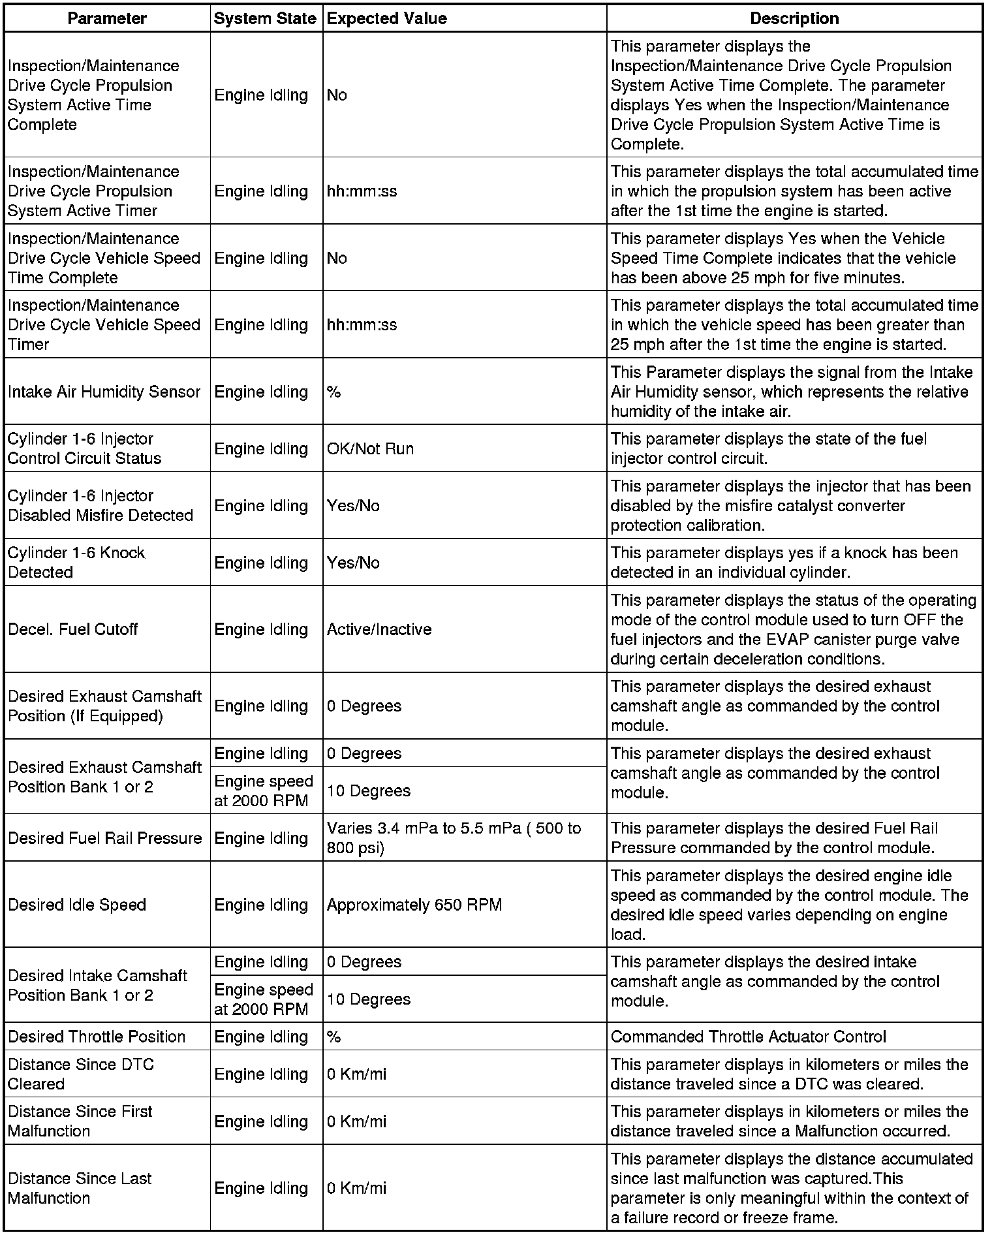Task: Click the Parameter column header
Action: (x=107, y=18)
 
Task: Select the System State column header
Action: (x=265, y=18)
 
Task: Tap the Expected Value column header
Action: (x=386, y=18)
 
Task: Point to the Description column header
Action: (x=794, y=18)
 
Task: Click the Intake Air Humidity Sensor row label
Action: (x=104, y=392)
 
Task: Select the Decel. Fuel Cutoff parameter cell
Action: (x=73, y=629)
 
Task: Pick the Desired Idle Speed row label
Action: (x=77, y=905)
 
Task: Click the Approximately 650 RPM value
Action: (x=414, y=905)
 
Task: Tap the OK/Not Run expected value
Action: (x=370, y=448)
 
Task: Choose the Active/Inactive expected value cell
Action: (x=379, y=629)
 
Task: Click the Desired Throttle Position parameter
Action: (x=97, y=1037)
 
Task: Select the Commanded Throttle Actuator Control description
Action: (x=748, y=1037)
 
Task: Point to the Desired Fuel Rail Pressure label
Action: (x=105, y=838)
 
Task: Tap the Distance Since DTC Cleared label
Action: (x=81, y=1074)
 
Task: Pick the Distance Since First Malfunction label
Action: (x=80, y=1121)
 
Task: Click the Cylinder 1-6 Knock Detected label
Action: (x=76, y=562)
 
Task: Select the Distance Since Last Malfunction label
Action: (x=80, y=1188)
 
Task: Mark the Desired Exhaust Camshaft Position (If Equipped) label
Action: (x=104, y=706)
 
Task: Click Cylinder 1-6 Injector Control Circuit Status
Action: (x=84, y=448)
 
